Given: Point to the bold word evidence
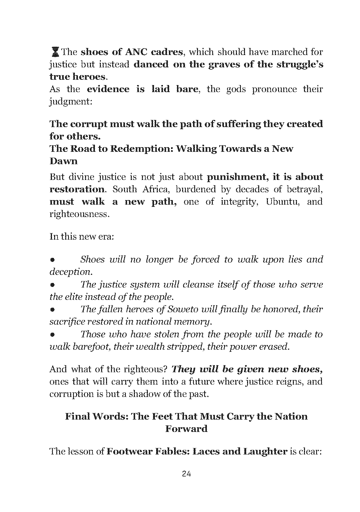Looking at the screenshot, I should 108,89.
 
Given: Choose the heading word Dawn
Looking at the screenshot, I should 63,161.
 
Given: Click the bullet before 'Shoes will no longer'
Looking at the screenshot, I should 53,260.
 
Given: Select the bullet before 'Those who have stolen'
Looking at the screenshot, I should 53,335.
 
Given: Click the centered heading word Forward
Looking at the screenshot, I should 186,429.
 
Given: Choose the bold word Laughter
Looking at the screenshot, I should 265,451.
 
